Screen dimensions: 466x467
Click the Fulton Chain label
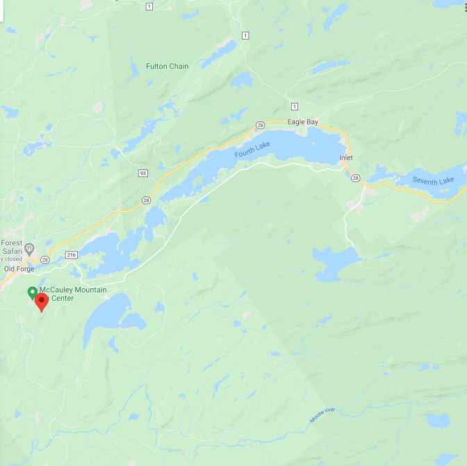coord(167,67)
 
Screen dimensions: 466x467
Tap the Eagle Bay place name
coord(302,122)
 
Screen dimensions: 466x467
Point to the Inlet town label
coord(346,158)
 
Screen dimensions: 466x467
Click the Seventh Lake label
coord(433,181)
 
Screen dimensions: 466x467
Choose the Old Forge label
coord(19,269)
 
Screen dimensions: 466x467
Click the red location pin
coord(42,301)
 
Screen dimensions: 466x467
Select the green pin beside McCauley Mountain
coord(31,292)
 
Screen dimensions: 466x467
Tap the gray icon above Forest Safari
coord(29,248)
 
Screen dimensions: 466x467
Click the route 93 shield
coord(142,173)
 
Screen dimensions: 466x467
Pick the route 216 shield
coord(72,255)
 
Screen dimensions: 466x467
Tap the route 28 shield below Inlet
coord(356,178)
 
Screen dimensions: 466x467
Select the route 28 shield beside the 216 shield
coord(45,259)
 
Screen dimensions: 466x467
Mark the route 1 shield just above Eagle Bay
coord(295,106)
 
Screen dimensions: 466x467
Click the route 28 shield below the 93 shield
coord(146,200)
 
